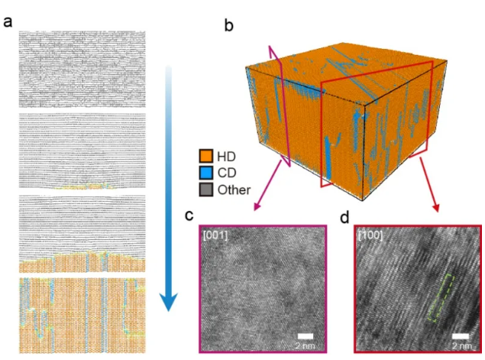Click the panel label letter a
pyautogui.click(x=8, y=22)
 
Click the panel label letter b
pyautogui.click(x=228, y=25)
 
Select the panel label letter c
pyautogui.click(x=189, y=215)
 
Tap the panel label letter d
pyautogui.click(x=344, y=218)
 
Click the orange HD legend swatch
pyautogui.click(x=205, y=157)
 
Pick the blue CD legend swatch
pyautogui.click(x=205, y=173)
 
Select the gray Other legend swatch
pyautogui.click(x=205, y=190)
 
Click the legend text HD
pyautogui.click(x=226, y=157)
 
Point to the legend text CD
pyautogui.click(x=227, y=173)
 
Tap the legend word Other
pyautogui.click(x=234, y=190)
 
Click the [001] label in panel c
pyautogui.click(x=215, y=235)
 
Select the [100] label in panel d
pyautogui.click(x=370, y=235)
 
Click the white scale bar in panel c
pyautogui.click(x=306, y=336)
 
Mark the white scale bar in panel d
pyautogui.click(x=461, y=336)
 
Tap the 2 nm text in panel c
pyautogui.click(x=305, y=345)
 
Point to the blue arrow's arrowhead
pyautogui.click(x=168, y=302)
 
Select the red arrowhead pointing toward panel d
pyautogui.click(x=436, y=208)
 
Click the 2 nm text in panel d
pyautogui.click(x=462, y=345)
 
